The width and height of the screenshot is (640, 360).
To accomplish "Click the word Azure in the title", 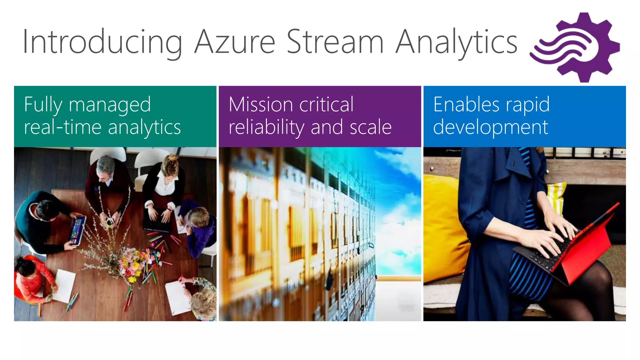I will [x=234, y=42].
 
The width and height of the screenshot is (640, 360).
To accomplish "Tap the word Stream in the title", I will [x=335, y=42].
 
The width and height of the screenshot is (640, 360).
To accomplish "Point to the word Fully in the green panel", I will [x=43, y=105].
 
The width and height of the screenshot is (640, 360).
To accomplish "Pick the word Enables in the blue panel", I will [x=462, y=104].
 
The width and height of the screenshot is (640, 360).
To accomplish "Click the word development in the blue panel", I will [x=491, y=127].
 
